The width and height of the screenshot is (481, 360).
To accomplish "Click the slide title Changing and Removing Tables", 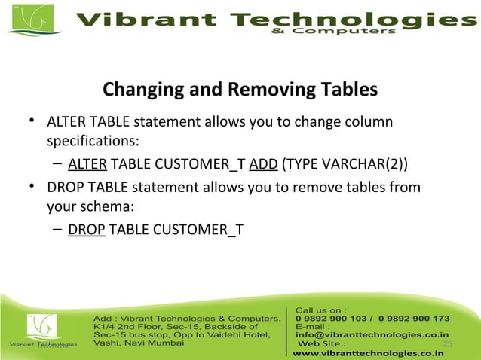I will pos(240,91).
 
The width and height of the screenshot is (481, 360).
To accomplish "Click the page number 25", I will pos(447,344).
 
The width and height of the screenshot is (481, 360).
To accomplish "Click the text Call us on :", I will pos(321,309).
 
